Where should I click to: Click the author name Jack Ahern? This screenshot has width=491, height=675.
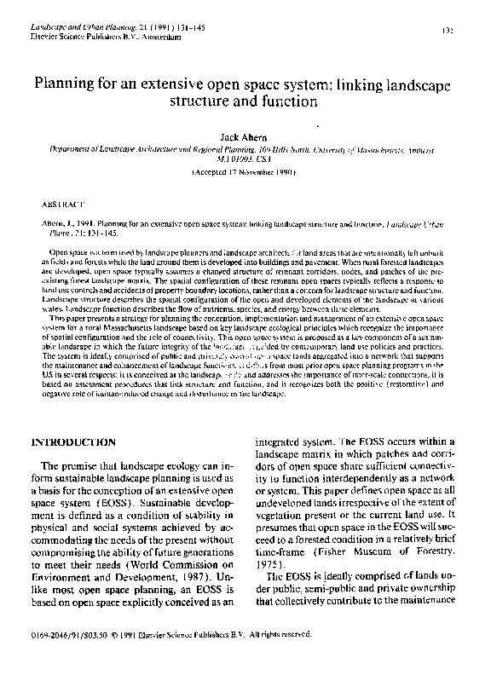[x=245, y=135]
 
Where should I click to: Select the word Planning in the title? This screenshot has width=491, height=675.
[x=68, y=85]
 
